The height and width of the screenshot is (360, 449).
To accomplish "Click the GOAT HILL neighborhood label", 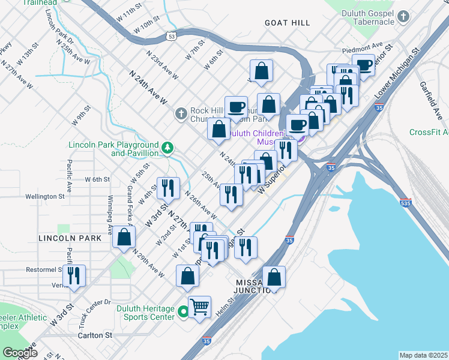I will click(x=288, y=23).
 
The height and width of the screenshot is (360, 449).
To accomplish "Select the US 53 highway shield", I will click(x=172, y=37).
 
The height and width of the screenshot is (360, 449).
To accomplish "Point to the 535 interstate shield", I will click(x=406, y=204).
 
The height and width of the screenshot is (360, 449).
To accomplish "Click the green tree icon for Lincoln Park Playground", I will click(x=169, y=147).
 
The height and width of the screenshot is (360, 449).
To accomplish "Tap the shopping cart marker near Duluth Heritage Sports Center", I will click(x=200, y=307).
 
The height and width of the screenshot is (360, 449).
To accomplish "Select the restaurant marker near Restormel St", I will click(x=74, y=275).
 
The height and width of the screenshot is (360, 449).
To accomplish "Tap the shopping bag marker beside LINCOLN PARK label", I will click(x=124, y=238).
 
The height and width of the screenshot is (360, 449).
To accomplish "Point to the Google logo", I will click(x=20, y=353).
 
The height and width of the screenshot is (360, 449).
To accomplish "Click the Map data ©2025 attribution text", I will click(x=423, y=355).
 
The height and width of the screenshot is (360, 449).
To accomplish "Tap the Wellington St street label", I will click(x=45, y=196).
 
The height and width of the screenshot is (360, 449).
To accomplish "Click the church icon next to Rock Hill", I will click(x=181, y=113).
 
